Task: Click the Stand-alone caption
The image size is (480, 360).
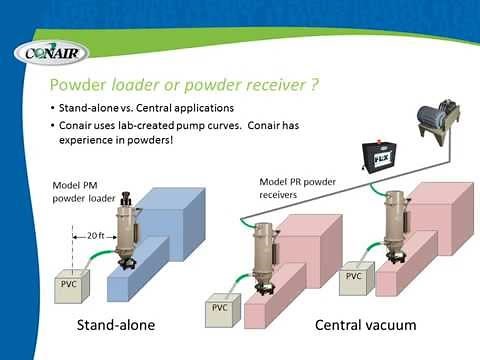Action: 117,326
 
